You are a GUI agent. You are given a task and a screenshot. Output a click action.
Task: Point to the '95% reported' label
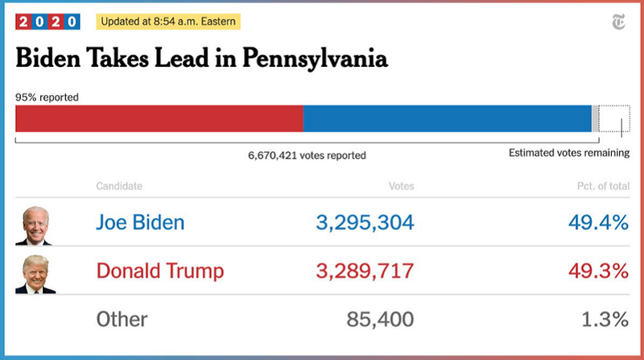point(47,97)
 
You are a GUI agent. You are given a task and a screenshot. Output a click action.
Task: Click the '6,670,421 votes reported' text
point(307,155)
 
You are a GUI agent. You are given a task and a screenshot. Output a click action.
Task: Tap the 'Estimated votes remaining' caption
point(569,153)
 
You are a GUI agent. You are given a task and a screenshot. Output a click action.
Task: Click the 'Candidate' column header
point(119,186)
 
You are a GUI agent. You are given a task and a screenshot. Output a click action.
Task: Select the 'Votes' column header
point(401,186)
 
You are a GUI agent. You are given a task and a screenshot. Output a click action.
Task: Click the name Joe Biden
point(140,222)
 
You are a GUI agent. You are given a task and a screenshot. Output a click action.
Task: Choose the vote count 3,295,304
point(365,222)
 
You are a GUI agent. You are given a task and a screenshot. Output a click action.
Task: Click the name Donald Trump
point(159,270)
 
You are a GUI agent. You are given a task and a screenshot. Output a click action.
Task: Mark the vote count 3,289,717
point(365,270)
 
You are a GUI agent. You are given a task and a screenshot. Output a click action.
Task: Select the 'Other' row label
point(122,319)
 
